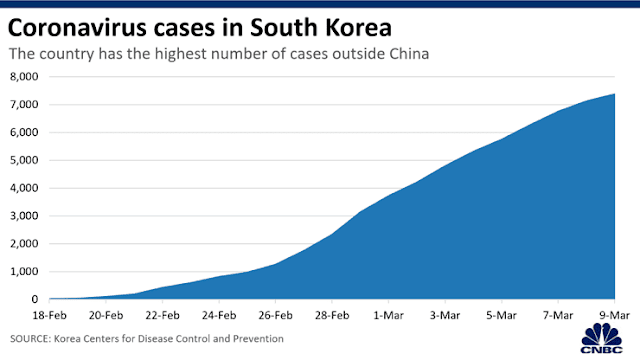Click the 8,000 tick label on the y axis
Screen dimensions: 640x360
(24, 77)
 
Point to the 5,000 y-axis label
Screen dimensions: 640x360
(24, 160)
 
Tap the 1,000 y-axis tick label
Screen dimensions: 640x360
(24, 271)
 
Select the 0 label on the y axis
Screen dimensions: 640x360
(35, 299)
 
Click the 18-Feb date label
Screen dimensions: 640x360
(49, 316)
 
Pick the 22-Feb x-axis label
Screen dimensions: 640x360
(162, 316)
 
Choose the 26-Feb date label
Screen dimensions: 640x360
(276, 316)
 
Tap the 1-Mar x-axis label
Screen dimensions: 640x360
(389, 316)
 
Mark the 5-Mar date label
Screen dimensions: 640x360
(501, 316)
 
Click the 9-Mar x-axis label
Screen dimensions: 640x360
(614, 316)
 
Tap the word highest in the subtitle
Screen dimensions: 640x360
(180, 54)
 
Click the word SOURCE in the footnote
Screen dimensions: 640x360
(30, 339)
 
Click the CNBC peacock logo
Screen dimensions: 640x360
(602, 338)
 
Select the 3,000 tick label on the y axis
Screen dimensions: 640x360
(24, 216)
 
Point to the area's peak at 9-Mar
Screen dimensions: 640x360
(614, 94)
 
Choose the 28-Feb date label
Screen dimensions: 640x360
(332, 316)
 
